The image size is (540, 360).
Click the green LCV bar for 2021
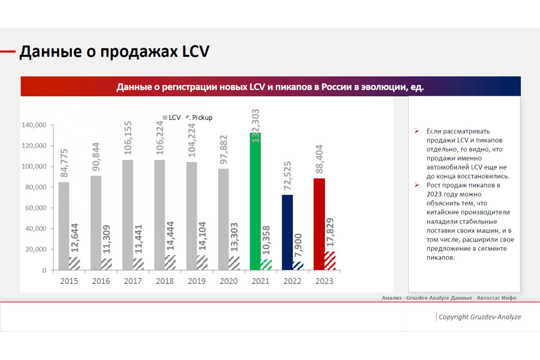click(255, 201)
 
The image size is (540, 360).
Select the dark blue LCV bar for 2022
click(288, 233)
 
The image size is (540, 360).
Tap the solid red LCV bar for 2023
click(319, 224)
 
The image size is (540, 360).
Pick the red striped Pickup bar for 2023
click(330, 261)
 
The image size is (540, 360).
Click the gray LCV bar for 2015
click(64, 226)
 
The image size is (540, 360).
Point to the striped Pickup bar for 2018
click(170, 263)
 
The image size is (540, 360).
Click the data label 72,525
click(288, 176)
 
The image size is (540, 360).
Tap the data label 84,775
click(64, 163)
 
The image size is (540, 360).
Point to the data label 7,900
click(298, 245)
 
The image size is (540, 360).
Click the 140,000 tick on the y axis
click(34, 125)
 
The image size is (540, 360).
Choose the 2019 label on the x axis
click(197, 281)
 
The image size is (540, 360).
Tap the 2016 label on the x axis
click(101, 281)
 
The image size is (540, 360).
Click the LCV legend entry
click(171, 117)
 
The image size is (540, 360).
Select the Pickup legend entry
click(199, 117)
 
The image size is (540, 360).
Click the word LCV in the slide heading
click(196, 51)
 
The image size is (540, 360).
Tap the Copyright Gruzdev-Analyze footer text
click(480, 317)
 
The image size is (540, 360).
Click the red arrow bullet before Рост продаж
click(417, 185)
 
